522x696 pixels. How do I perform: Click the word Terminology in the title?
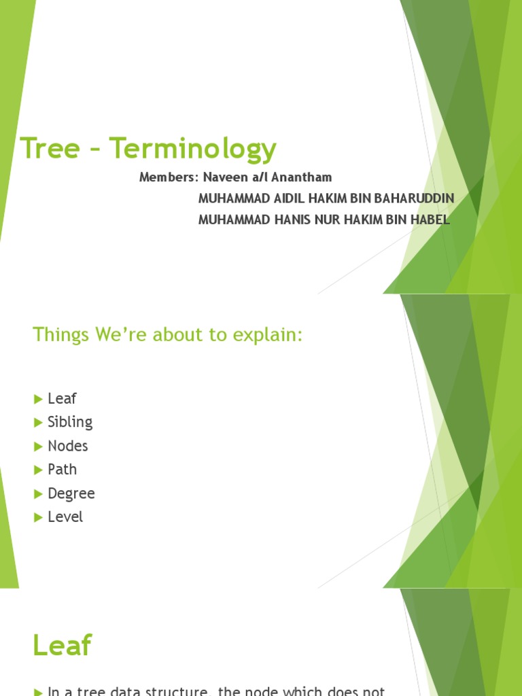click(x=194, y=149)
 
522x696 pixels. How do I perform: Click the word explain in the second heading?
click(x=267, y=335)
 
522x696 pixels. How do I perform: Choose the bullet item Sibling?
click(x=70, y=422)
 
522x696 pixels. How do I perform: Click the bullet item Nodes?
click(x=68, y=446)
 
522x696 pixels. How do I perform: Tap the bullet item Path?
click(x=62, y=470)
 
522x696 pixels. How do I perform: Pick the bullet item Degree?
click(x=71, y=494)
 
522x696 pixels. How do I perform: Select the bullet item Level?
click(x=65, y=517)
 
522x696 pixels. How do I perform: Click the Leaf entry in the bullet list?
click(x=62, y=399)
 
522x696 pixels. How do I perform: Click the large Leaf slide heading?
click(x=62, y=646)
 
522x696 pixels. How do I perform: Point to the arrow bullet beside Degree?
click(x=38, y=494)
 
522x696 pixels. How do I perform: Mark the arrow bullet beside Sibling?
click(x=38, y=423)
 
